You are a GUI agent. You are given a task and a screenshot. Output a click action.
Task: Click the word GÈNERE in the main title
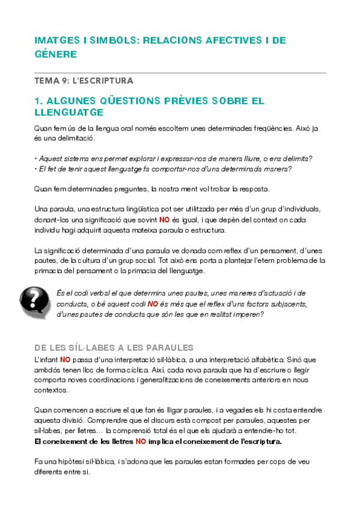[56, 54]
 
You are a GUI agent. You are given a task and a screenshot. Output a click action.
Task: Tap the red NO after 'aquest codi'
[153, 304]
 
